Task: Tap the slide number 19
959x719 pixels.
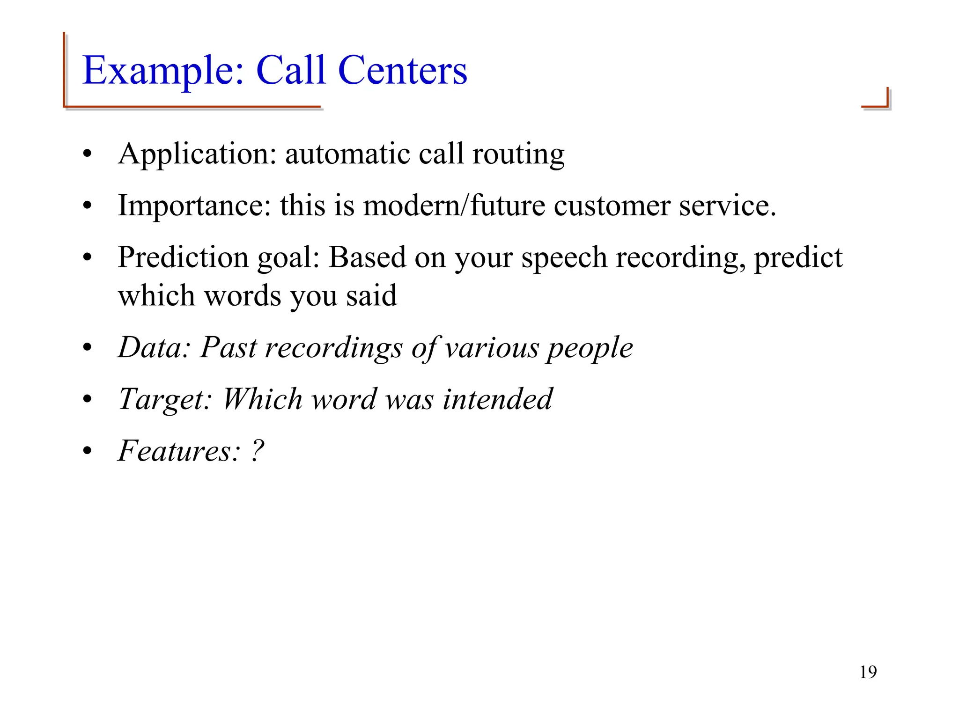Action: (868, 672)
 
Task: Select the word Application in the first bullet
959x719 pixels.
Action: (197, 154)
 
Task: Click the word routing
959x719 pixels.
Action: (518, 154)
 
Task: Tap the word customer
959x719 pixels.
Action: (612, 206)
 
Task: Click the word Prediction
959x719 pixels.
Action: (183, 257)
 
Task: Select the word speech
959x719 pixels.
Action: (564, 258)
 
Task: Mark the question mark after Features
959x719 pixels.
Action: (258, 450)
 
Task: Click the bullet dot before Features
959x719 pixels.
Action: (87, 451)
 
